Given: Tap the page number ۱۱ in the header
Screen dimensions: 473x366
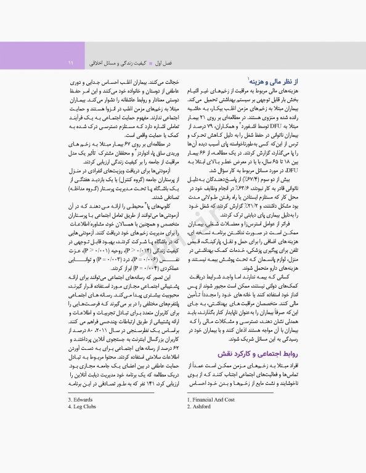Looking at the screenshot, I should point(70,62).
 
